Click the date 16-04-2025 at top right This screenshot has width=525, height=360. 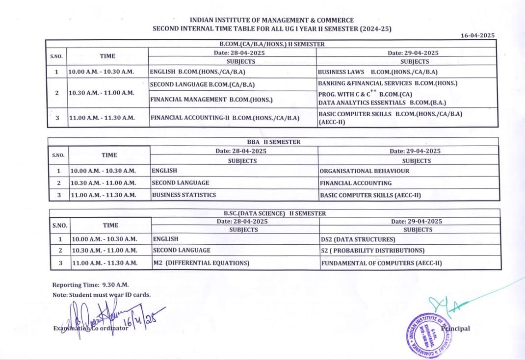pyautogui.click(x=478, y=35)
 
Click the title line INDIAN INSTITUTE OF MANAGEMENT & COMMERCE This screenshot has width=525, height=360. pyautogui.click(x=271, y=20)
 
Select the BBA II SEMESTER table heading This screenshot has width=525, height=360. pyautogui.click(x=274, y=142)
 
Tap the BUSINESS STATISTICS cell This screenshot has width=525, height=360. pyautogui.click(x=184, y=195)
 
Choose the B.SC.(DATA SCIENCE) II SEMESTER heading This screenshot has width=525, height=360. pyautogui.click(x=274, y=213)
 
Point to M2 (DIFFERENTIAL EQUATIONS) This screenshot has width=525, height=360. pyautogui.click(x=201, y=263)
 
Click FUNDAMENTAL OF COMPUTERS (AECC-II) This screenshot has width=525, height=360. pyautogui.click(x=382, y=263)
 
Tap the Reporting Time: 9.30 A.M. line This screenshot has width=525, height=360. pyautogui.click(x=83, y=285)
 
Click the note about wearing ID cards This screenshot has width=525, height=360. pyautogui.click(x=102, y=295)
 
